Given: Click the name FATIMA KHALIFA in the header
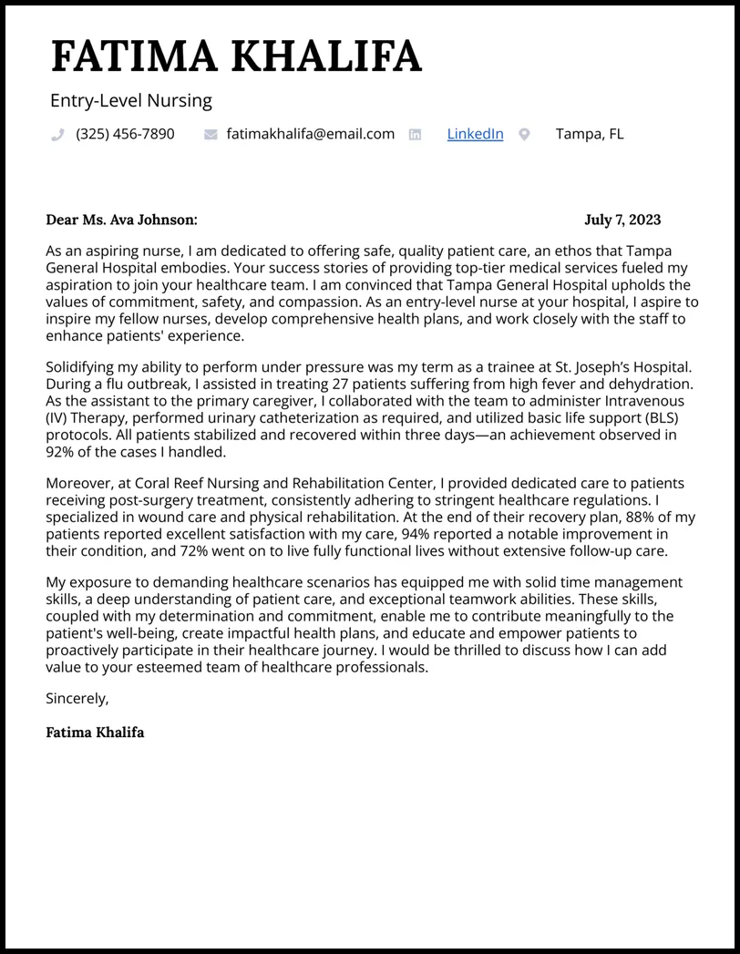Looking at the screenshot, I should click(x=236, y=56).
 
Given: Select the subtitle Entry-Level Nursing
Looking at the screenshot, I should click(x=131, y=101).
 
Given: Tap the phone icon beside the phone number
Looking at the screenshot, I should click(x=58, y=135).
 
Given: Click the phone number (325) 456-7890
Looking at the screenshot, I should click(x=125, y=134).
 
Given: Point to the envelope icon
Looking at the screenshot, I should click(x=211, y=135).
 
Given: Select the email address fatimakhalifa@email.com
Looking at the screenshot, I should click(x=310, y=134).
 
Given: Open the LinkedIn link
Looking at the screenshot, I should click(x=475, y=134).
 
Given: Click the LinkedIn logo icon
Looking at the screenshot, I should click(x=415, y=135).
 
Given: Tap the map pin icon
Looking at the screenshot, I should click(x=524, y=135).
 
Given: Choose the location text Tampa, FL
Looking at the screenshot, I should click(x=590, y=134).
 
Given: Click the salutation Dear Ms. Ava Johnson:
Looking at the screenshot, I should click(x=121, y=220).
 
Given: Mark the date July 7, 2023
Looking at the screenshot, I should click(x=622, y=220).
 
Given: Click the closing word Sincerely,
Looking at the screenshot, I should click(x=77, y=699).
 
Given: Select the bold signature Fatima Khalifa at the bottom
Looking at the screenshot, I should click(x=95, y=733).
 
